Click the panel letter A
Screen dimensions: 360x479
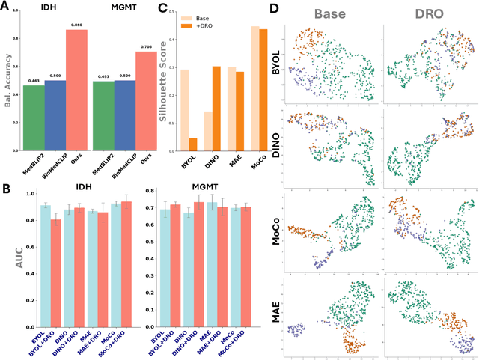(x=7, y=7)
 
